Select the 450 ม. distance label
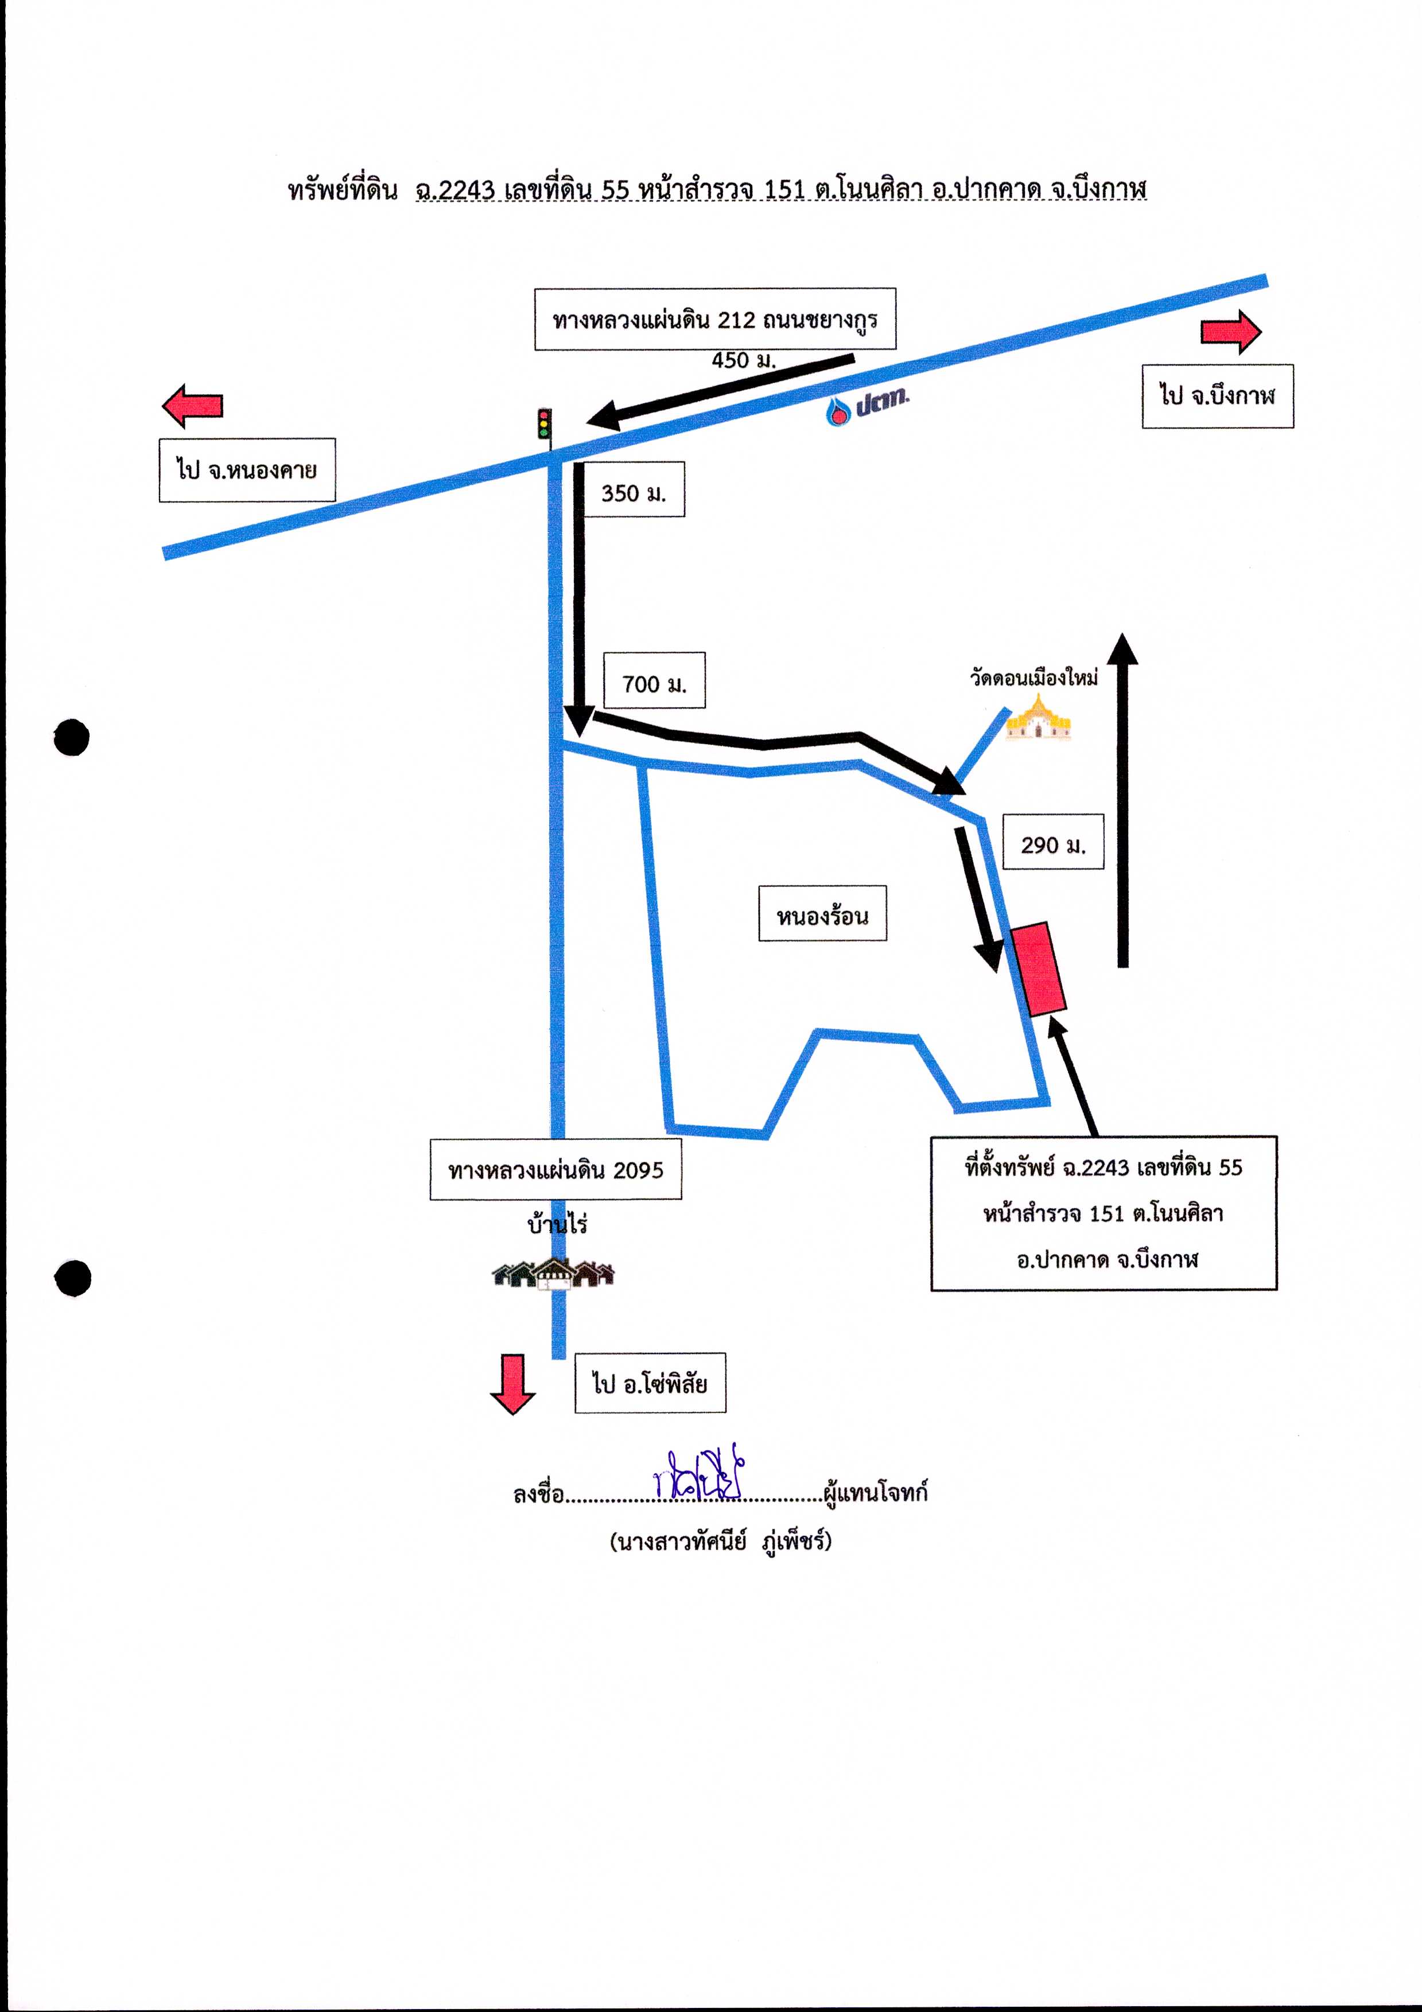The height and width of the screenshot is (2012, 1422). (744, 360)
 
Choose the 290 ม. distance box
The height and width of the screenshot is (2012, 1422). (1053, 843)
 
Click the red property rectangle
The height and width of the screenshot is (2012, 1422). (1039, 969)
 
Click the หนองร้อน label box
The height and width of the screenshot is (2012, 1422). (822, 914)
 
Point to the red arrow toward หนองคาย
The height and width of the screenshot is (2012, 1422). (193, 406)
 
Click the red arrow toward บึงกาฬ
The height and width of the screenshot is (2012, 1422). (1231, 332)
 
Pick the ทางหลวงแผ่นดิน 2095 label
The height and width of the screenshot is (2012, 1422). (556, 1169)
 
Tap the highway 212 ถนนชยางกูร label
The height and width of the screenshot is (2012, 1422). (716, 319)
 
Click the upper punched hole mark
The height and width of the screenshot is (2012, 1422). (71, 737)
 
